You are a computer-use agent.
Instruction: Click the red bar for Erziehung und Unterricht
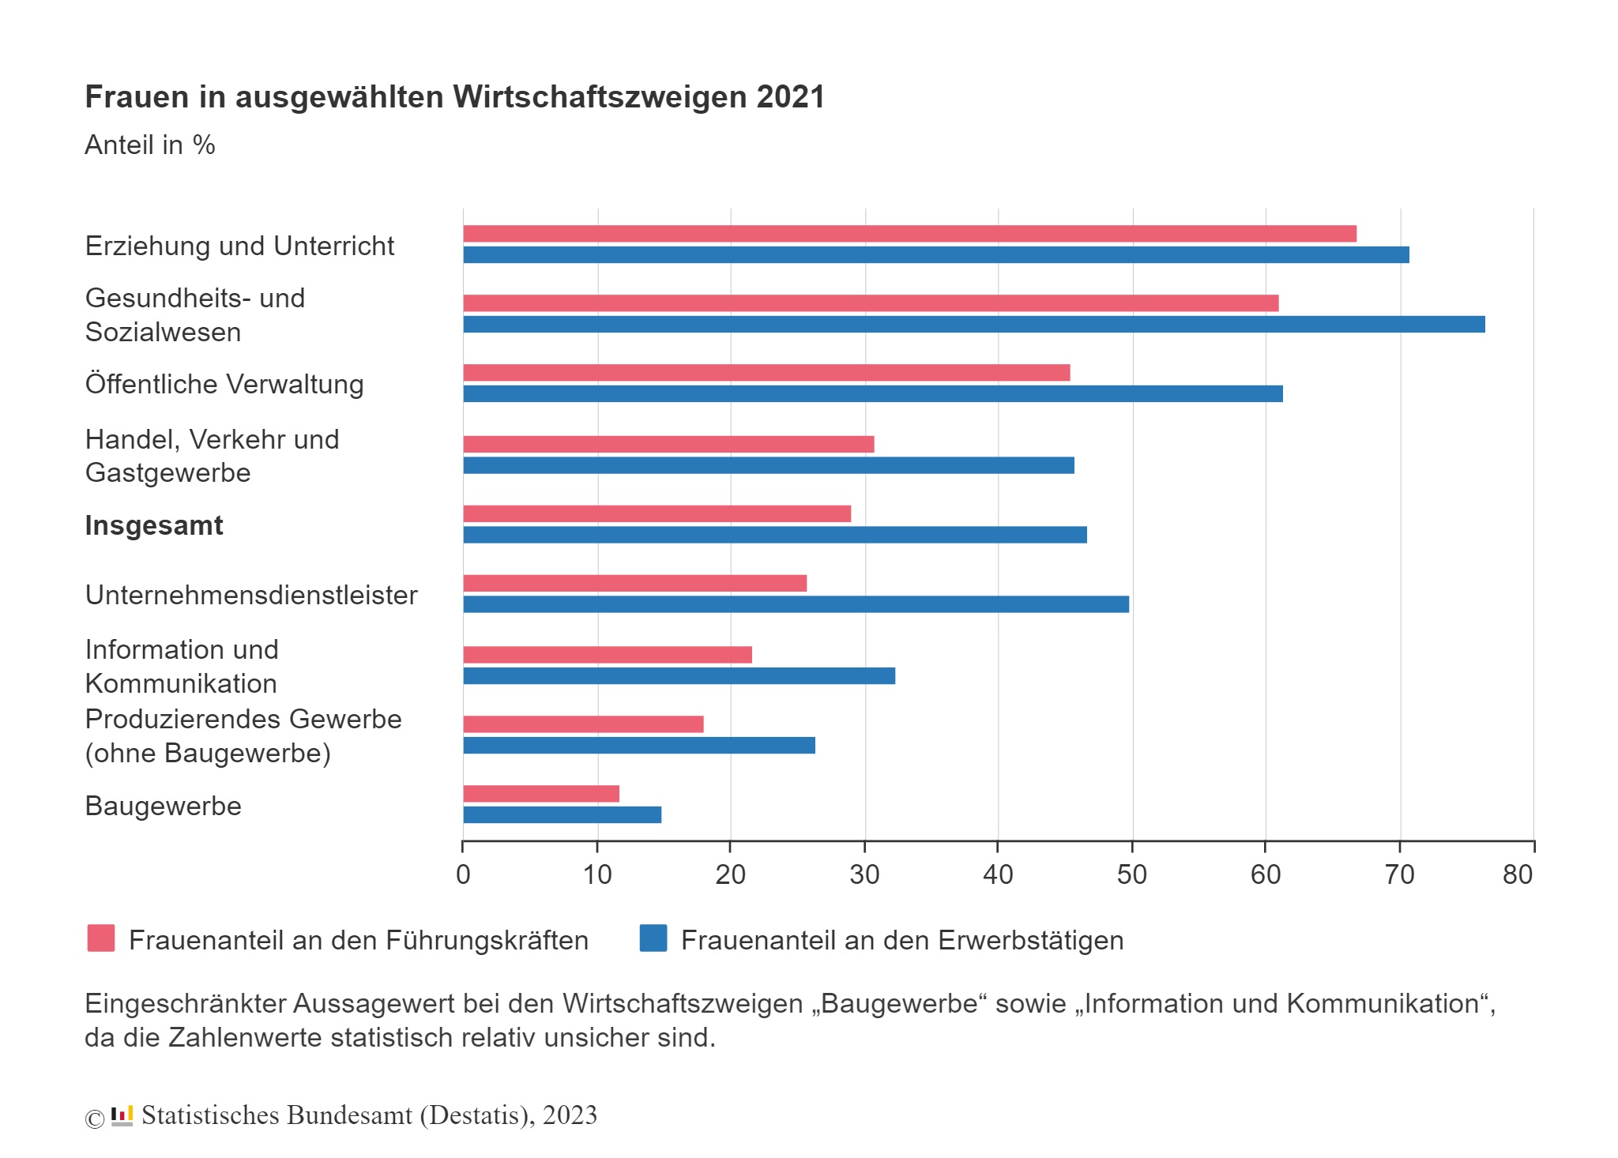coord(909,234)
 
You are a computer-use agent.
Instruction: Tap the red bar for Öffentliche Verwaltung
coord(766,373)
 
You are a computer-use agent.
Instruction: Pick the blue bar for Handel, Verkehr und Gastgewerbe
coord(768,465)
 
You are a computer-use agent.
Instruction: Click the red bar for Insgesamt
coord(657,514)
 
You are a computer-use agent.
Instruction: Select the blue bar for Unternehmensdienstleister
coord(796,604)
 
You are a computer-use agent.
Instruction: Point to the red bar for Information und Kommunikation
coord(607,655)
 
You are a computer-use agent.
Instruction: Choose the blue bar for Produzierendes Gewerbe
coord(638,746)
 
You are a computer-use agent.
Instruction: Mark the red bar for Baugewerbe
coord(541,794)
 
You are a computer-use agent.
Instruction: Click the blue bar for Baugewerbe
coord(562,815)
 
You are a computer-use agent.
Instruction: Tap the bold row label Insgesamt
coord(154,526)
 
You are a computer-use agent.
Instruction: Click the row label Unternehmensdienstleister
coord(251,596)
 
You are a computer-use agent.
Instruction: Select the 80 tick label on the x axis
coord(1518,874)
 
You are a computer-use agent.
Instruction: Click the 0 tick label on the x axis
coord(464,874)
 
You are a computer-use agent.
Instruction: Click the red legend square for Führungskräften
coord(101,938)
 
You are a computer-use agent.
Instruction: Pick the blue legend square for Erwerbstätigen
coord(653,938)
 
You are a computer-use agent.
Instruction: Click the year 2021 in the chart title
coord(790,97)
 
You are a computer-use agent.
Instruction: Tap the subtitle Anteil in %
coord(150,145)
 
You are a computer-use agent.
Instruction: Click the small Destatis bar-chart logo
coord(122,1116)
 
